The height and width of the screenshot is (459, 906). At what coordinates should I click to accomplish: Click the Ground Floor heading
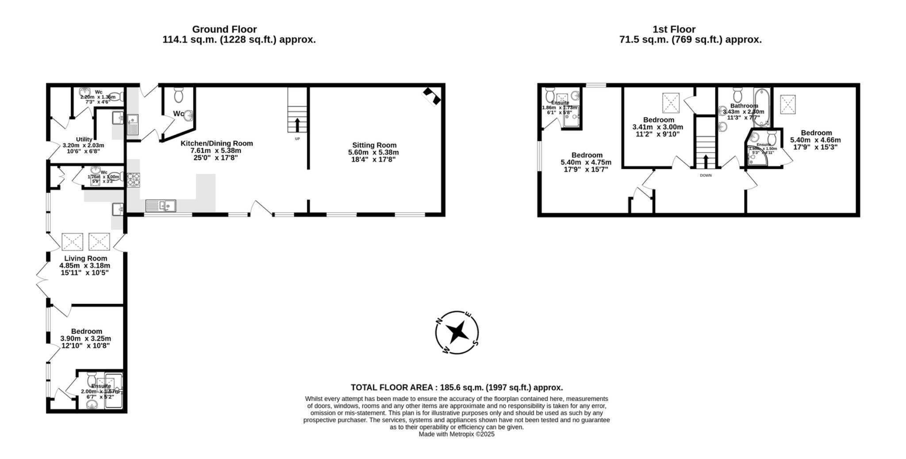tap(224, 30)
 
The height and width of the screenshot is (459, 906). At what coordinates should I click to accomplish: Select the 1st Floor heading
tap(674, 30)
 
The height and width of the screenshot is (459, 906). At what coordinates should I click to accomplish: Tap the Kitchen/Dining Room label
tap(217, 143)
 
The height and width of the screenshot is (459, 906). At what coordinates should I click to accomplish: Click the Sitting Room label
tap(374, 145)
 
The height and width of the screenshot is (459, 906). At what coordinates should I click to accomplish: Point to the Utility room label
tap(84, 139)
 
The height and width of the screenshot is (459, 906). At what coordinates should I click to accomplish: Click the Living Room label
tap(85, 258)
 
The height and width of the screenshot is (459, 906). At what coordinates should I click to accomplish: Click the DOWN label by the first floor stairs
tap(706, 176)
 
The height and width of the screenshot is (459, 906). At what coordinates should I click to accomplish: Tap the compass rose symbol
tap(457, 332)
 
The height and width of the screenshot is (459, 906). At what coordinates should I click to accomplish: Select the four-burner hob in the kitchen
tap(134, 179)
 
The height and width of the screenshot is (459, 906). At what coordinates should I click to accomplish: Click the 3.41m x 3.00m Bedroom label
tap(659, 120)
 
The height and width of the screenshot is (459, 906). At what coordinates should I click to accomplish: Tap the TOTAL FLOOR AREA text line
tap(457, 387)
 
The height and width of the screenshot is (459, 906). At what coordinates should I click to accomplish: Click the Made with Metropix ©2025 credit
tap(457, 434)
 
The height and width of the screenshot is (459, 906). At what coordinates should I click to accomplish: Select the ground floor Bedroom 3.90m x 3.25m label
tap(87, 331)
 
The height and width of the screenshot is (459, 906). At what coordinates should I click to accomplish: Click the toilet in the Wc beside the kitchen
tap(179, 95)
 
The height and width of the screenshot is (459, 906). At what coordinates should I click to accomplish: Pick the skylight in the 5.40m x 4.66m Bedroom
tap(787, 104)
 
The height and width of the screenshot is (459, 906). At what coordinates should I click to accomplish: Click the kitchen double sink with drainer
tap(161, 206)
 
